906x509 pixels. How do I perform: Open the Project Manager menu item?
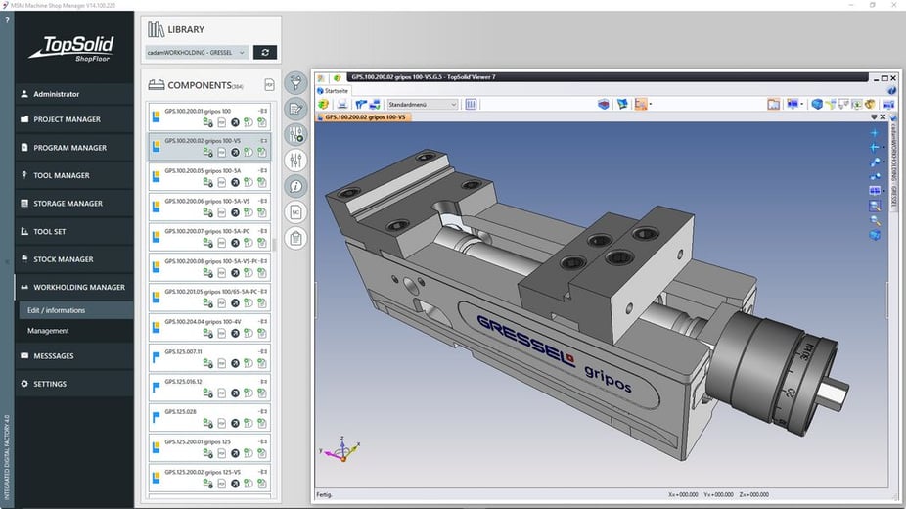point(67,119)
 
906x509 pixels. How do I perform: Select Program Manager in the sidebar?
point(69,148)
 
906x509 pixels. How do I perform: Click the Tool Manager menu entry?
point(61,175)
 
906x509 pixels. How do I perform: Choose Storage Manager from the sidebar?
point(68,204)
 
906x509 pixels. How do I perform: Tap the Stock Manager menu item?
point(63,259)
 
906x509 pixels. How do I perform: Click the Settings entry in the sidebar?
point(50,384)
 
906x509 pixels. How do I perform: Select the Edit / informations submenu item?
point(56,310)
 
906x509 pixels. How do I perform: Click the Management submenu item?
point(48,331)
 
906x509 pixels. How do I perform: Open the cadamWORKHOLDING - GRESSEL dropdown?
point(197,52)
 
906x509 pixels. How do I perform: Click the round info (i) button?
point(296,186)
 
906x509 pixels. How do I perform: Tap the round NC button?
point(296,211)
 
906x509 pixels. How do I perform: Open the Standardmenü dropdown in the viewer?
point(423,104)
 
